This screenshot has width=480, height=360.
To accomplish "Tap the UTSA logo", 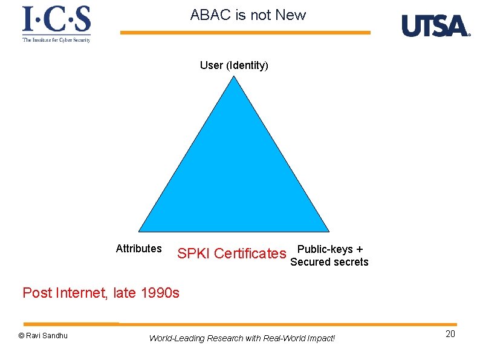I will click(x=435, y=26).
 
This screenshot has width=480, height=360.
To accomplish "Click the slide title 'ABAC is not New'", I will click(x=248, y=15).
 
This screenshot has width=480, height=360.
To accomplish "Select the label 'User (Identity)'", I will click(x=234, y=65).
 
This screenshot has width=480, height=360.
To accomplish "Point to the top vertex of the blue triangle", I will click(x=235, y=77).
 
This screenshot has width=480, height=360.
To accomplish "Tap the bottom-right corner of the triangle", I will click(x=328, y=231).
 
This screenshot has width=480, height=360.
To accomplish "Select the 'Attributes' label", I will click(x=138, y=249).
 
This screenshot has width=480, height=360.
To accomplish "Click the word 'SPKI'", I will click(x=193, y=254).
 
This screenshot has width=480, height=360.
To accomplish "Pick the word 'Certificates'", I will click(x=250, y=254).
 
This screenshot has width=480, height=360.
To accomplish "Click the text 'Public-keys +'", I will click(x=330, y=249).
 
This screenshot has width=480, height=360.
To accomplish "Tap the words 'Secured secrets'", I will click(x=329, y=262).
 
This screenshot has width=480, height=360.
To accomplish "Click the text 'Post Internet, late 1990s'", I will click(x=101, y=293).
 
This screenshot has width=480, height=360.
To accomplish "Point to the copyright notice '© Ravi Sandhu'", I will click(x=43, y=336).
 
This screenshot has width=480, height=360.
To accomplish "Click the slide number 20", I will click(x=450, y=335).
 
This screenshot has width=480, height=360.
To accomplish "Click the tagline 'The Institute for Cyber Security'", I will click(x=56, y=40).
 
